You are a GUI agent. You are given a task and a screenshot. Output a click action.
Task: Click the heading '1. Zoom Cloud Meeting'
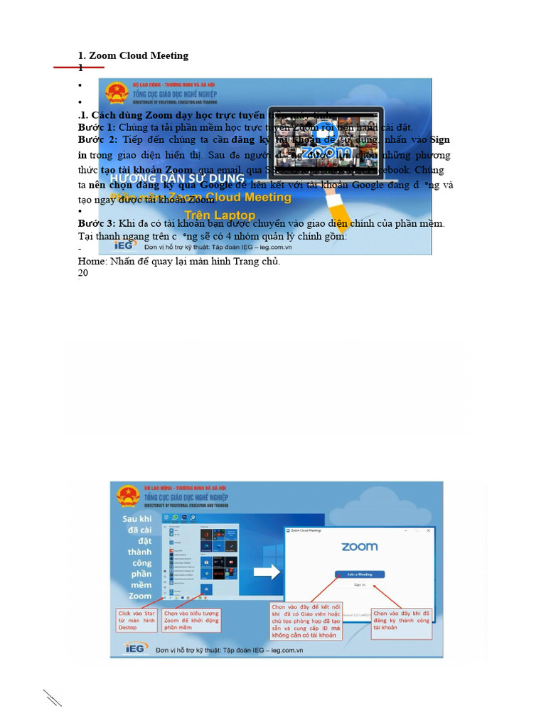tap(133, 55)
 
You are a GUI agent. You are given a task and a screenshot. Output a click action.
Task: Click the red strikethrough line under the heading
tap(79, 68)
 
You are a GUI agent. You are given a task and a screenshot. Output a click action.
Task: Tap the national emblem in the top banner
tap(116, 93)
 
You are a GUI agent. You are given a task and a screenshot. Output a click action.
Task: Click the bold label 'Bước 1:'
tap(96, 127)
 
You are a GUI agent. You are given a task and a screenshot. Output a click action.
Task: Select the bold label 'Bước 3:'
tap(96, 223)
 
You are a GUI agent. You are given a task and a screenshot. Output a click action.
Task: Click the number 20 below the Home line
tap(83, 273)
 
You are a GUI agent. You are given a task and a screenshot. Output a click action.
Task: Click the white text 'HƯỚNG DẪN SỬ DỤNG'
tap(178, 178)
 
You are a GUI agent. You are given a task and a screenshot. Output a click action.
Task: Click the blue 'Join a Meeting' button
tap(359, 574)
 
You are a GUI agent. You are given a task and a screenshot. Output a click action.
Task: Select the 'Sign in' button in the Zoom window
tap(359, 584)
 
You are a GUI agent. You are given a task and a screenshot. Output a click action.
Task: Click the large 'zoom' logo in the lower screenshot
tap(359, 547)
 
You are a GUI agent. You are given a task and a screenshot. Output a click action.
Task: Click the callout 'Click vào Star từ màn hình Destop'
tap(137, 620)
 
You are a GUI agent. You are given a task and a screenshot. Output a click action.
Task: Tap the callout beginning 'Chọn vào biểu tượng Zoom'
tap(191, 620)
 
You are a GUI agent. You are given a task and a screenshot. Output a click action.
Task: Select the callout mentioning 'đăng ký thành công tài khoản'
tap(402, 620)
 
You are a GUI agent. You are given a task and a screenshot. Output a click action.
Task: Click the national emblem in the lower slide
tap(128, 496)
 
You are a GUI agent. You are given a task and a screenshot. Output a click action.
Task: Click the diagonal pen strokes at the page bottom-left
tap(52, 697)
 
